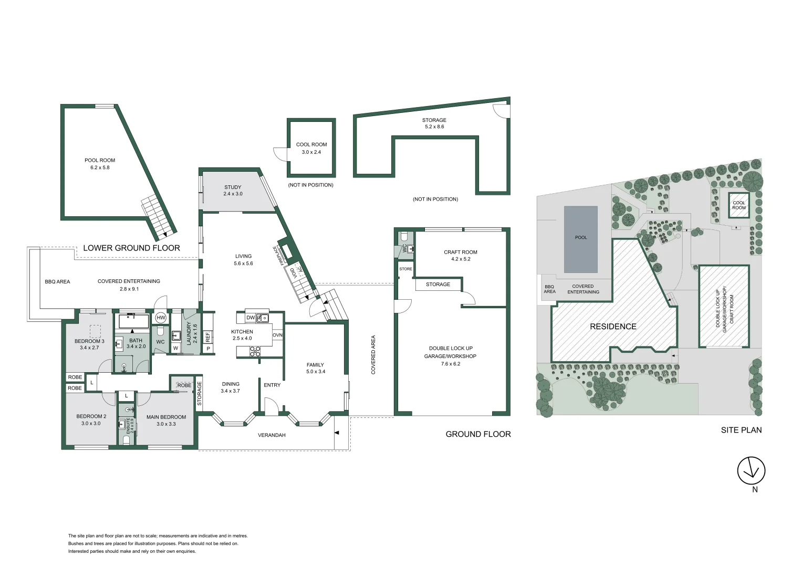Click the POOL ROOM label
pos(100,160)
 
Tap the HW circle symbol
pos(161,318)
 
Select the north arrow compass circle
pos(751,471)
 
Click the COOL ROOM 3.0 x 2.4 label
pos(311,148)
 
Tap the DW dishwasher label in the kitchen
pos(251,318)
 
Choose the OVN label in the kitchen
pos(277,335)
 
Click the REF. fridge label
pos(207,337)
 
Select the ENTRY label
pos(272,385)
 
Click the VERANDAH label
pos(272,435)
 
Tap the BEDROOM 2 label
pos(91,416)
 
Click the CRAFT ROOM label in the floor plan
pos(461,252)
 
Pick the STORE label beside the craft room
pos(405,269)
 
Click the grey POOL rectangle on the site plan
pos(581,239)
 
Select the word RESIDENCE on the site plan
pos(613,327)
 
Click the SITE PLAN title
pos(741,430)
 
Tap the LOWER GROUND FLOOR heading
pos(131,248)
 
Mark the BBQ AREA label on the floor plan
pos(57,282)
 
